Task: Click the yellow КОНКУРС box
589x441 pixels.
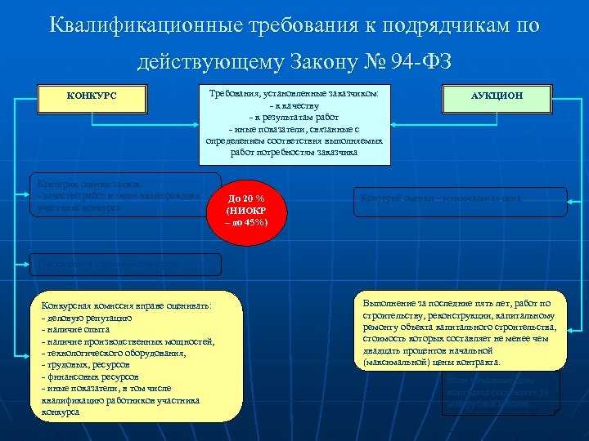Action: tap(92, 96)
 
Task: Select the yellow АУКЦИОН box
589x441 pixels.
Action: tap(497, 96)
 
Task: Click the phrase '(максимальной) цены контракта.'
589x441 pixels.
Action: tap(430, 361)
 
